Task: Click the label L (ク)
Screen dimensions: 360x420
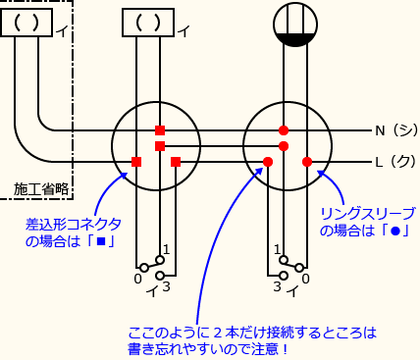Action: (x=394, y=162)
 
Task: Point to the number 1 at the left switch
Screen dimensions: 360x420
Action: (x=167, y=249)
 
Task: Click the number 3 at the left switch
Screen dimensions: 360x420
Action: (x=168, y=285)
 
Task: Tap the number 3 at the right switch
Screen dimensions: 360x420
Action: (x=278, y=285)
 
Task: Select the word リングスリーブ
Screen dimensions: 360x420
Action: (x=368, y=213)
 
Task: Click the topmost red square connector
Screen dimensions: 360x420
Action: (x=160, y=130)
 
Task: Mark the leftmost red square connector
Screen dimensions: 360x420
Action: (x=136, y=162)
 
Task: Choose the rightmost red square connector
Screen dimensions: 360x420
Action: (x=176, y=162)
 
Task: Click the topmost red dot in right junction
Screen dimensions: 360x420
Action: (x=284, y=130)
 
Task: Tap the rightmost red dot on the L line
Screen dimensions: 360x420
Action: (x=306, y=162)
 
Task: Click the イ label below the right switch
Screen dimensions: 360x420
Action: (x=291, y=291)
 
